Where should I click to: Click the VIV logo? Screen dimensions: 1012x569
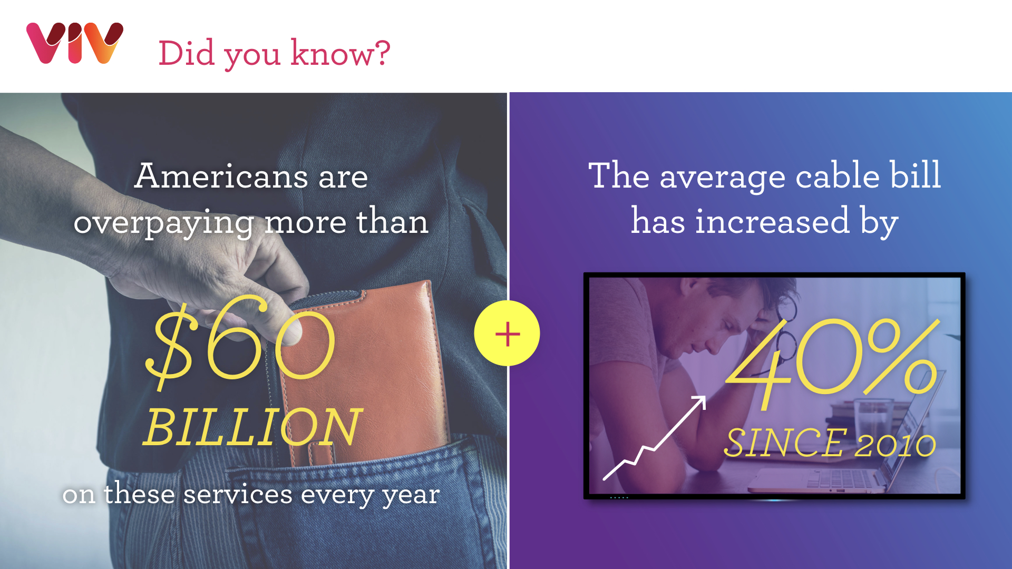(x=75, y=43)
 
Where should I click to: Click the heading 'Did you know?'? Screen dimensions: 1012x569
(x=274, y=53)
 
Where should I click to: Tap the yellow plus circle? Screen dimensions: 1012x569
(x=507, y=333)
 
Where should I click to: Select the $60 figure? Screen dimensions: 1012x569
(x=240, y=342)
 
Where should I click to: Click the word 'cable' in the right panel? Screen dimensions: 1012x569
(x=838, y=175)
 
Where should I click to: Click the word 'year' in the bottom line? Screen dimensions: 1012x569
(x=411, y=496)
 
